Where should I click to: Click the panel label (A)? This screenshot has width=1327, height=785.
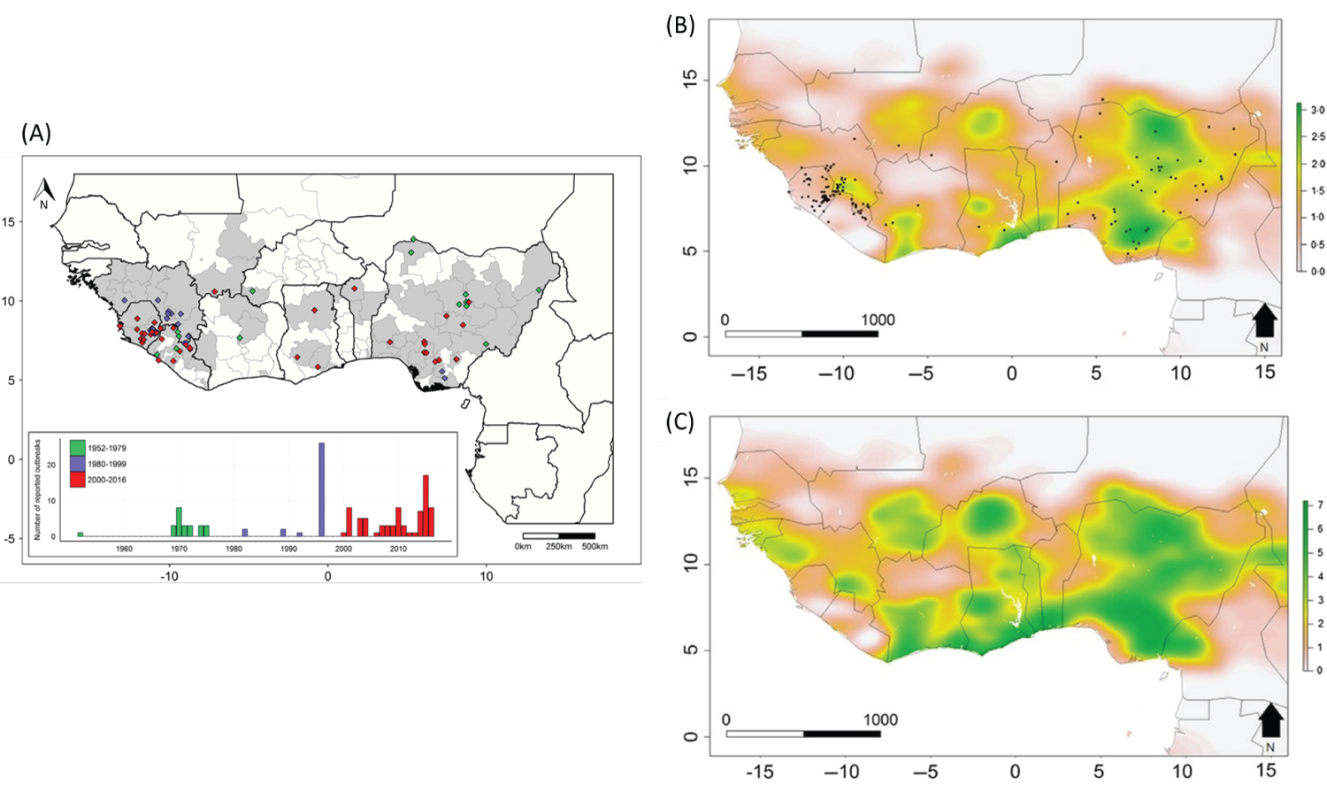[x=36, y=134]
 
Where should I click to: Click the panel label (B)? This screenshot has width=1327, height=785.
[x=679, y=25]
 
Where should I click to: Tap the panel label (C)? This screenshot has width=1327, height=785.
[x=679, y=421]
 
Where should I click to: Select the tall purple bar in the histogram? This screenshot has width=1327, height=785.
[x=321, y=489]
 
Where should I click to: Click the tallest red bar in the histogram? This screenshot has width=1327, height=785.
[x=426, y=505]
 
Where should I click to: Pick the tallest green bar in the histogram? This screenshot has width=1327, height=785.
[x=179, y=521]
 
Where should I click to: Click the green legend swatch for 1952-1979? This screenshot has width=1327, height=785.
[x=78, y=448]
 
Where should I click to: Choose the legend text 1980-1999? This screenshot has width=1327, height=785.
[x=107, y=464]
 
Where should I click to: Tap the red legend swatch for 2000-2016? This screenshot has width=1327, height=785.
[x=78, y=480]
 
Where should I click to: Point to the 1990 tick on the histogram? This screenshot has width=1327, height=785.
[x=288, y=549]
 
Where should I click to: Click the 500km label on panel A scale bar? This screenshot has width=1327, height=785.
[x=594, y=546]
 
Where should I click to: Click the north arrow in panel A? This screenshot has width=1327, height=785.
[x=43, y=191]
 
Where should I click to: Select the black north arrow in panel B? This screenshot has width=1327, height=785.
[x=1264, y=320]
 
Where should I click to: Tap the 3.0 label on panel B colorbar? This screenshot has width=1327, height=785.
[x=1317, y=110]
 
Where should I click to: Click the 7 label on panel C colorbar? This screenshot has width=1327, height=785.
[x=1320, y=504]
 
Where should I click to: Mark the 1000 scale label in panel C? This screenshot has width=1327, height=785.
[x=880, y=720]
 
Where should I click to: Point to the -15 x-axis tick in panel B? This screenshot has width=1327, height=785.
[x=748, y=373]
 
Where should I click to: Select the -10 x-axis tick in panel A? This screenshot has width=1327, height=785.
[x=169, y=576]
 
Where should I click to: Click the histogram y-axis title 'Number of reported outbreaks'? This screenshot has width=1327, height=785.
[x=37, y=489]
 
